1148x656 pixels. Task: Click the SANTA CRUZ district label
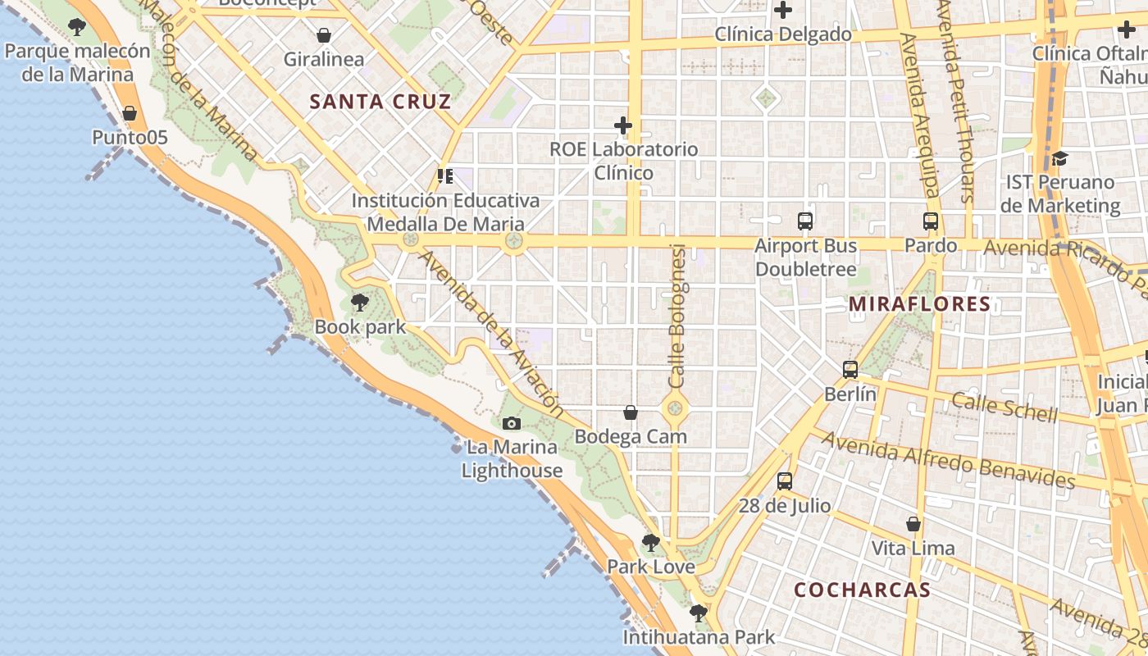point(380,102)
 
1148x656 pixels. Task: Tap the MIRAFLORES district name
point(919,304)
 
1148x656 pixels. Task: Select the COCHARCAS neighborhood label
point(862,590)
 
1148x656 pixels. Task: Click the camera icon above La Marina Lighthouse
point(512,423)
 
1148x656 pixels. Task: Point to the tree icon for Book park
point(359,303)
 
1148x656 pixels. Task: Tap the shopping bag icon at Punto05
point(130,113)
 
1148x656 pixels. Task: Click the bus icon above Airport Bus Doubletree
point(805,221)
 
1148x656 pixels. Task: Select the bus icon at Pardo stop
point(930,221)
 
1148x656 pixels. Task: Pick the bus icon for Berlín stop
point(850,369)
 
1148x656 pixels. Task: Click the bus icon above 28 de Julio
point(785,481)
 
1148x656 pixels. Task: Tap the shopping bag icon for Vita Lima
point(913,524)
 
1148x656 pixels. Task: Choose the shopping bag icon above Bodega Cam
point(631,412)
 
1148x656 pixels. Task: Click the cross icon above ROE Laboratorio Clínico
point(623,125)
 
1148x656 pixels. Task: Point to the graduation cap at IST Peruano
point(1059,157)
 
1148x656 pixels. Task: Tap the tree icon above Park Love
point(651,542)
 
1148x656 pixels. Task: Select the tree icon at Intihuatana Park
point(699,613)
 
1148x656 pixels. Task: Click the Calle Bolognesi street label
point(677,316)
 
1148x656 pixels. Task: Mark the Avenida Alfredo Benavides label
point(948,460)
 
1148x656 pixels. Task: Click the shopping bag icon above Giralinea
point(324,35)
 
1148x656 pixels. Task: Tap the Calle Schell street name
point(1004,407)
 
